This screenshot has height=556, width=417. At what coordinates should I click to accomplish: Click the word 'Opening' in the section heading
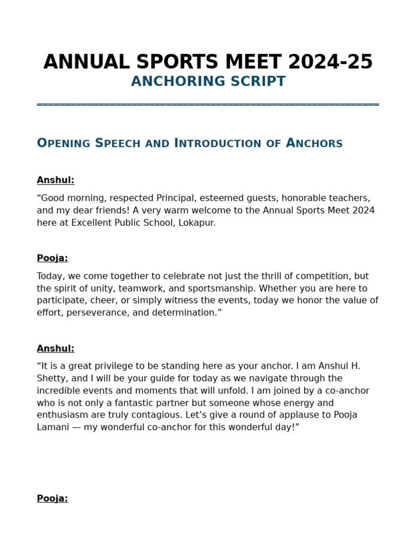(x=64, y=143)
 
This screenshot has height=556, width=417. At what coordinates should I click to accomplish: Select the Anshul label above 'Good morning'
(x=55, y=180)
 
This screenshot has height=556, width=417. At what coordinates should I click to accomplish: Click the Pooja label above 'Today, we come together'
(x=52, y=258)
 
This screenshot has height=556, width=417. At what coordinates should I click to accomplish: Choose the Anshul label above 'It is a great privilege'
(x=55, y=349)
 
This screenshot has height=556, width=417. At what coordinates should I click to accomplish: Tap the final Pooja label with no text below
(x=52, y=498)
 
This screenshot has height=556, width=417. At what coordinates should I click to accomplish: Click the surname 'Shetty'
(x=52, y=378)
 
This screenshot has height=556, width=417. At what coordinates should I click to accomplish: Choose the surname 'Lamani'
(x=53, y=427)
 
